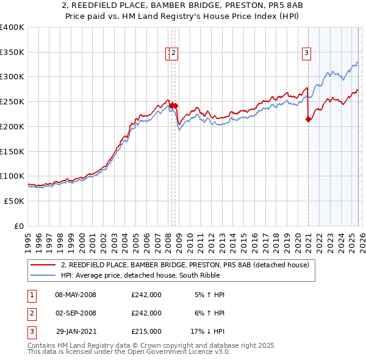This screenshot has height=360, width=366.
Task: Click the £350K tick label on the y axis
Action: [12, 52]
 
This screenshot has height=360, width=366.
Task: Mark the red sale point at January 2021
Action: [308, 119]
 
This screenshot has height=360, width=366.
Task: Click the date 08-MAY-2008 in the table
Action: [76, 295]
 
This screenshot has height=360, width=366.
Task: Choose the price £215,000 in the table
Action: [146, 331]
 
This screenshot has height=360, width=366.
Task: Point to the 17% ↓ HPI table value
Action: [207, 331]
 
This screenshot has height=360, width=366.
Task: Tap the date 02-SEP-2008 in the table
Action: [76, 313]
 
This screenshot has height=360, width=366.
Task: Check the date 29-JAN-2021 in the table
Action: [76, 331]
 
